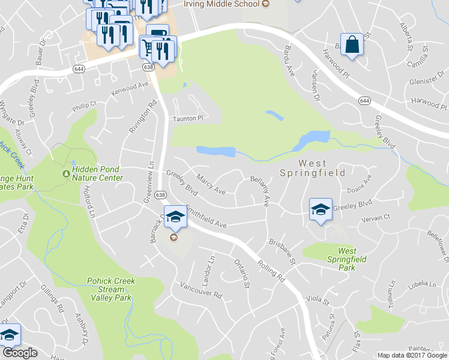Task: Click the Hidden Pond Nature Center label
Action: (97, 174)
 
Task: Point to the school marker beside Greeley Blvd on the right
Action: (321, 209)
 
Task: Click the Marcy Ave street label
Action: (211, 184)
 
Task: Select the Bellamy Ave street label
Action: (259, 191)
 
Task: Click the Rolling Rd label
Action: (271, 268)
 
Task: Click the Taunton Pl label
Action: (188, 118)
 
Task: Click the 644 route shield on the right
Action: (364, 100)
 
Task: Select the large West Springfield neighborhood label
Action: (312, 168)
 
